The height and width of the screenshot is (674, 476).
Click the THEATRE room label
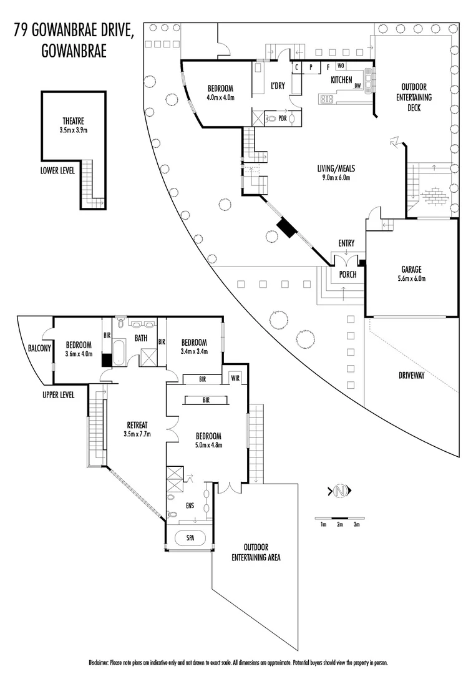tap(73, 121)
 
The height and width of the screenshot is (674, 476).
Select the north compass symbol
tap(340, 491)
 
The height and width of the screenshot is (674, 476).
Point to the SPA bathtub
tap(190, 537)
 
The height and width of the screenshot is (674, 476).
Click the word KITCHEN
tap(341, 81)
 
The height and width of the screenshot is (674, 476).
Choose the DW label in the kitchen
tap(357, 86)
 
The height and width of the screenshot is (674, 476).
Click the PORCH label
tap(347, 274)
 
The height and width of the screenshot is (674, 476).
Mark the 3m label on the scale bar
tap(357, 525)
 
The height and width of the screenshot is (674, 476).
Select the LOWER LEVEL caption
tap(57, 170)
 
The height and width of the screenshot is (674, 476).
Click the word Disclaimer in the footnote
tap(99, 662)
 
